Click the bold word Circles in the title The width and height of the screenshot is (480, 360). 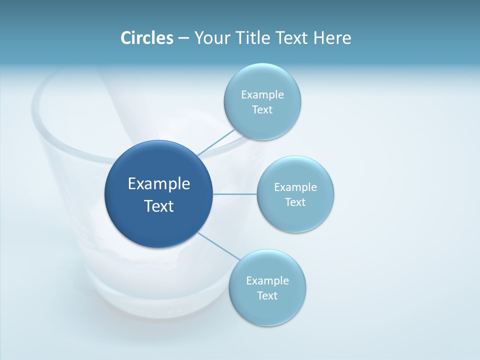146,38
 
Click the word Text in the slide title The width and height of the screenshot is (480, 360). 291,38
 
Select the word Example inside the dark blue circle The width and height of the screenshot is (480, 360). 159,184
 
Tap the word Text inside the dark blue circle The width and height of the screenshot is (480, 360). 159,206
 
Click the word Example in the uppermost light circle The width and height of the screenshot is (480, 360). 262,95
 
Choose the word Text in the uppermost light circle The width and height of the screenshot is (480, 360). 262,110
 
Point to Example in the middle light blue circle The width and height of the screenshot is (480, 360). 295,187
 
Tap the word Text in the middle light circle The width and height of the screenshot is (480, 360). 295,202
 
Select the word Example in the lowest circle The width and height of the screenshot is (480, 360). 267,281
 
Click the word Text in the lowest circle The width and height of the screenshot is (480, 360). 267,296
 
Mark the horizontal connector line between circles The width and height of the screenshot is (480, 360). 234,194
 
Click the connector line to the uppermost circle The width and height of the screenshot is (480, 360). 216,143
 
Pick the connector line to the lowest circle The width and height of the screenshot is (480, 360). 218,246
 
